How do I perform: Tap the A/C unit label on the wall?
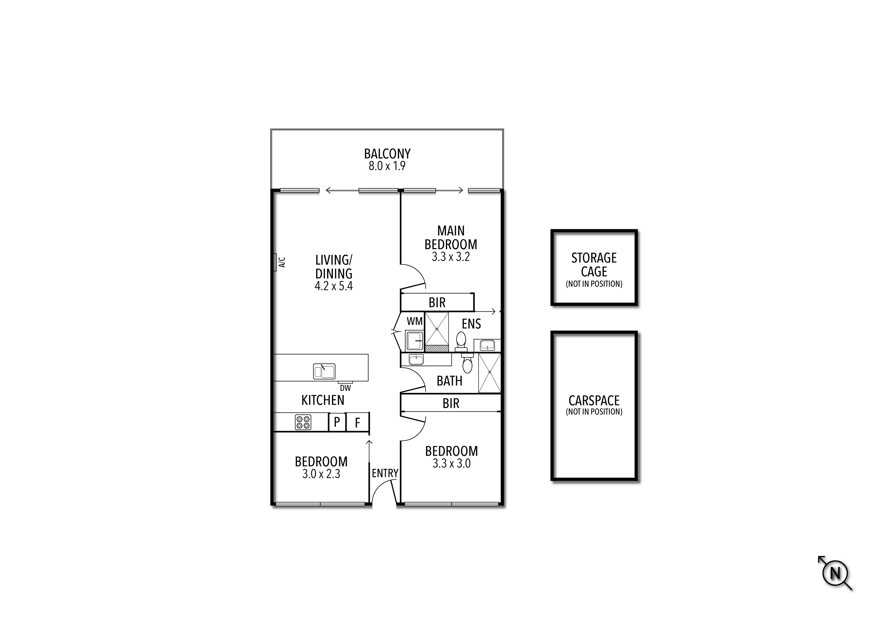pyautogui.click(x=282, y=262)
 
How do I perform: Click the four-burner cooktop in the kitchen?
pyautogui.click(x=303, y=422)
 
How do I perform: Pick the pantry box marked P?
pyautogui.click(x=337, y=422)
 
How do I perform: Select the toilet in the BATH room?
pyautogui.click(x=467, y=364)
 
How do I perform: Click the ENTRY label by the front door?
pyautogui.click(x=385, y=473)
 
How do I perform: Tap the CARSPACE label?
pyautogui.click(x=594, y=400)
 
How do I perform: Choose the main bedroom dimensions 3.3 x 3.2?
pyautogui.click(x=451, y=257)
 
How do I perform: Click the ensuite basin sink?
pyautogui.click(x=487, y=345)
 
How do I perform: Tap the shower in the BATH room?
pyautogui.click(x=489, y=372)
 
